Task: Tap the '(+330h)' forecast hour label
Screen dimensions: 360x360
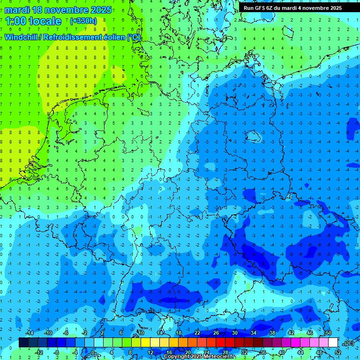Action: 83,21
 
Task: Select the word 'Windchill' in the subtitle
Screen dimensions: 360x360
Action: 22,37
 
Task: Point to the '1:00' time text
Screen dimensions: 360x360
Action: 17,21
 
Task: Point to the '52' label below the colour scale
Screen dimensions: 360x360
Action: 338,352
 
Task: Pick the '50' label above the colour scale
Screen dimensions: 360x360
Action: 329,333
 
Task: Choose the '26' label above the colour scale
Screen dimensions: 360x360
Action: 216,333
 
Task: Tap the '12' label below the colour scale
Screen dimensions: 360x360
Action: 150,352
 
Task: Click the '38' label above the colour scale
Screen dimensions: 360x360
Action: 272,333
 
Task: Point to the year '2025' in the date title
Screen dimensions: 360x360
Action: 101,10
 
